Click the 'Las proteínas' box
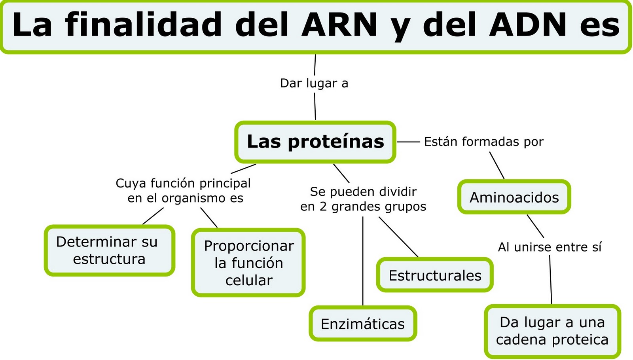[315, 142]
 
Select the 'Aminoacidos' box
[514, 197]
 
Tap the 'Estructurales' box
[434, 275]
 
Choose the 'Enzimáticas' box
[362, 324]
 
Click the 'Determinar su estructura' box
[109, 250]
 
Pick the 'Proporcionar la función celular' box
[248, 263]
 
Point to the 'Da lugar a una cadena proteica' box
[552, 331]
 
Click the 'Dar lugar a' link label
[314, 83]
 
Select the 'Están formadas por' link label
[483, 142]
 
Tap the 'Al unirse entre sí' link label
[550, 247]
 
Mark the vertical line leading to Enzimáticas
[363, 261]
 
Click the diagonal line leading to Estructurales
[398, 237]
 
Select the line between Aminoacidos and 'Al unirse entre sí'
[535, 226]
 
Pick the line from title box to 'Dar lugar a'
[315, 64]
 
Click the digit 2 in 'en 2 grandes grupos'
[323, 207]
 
